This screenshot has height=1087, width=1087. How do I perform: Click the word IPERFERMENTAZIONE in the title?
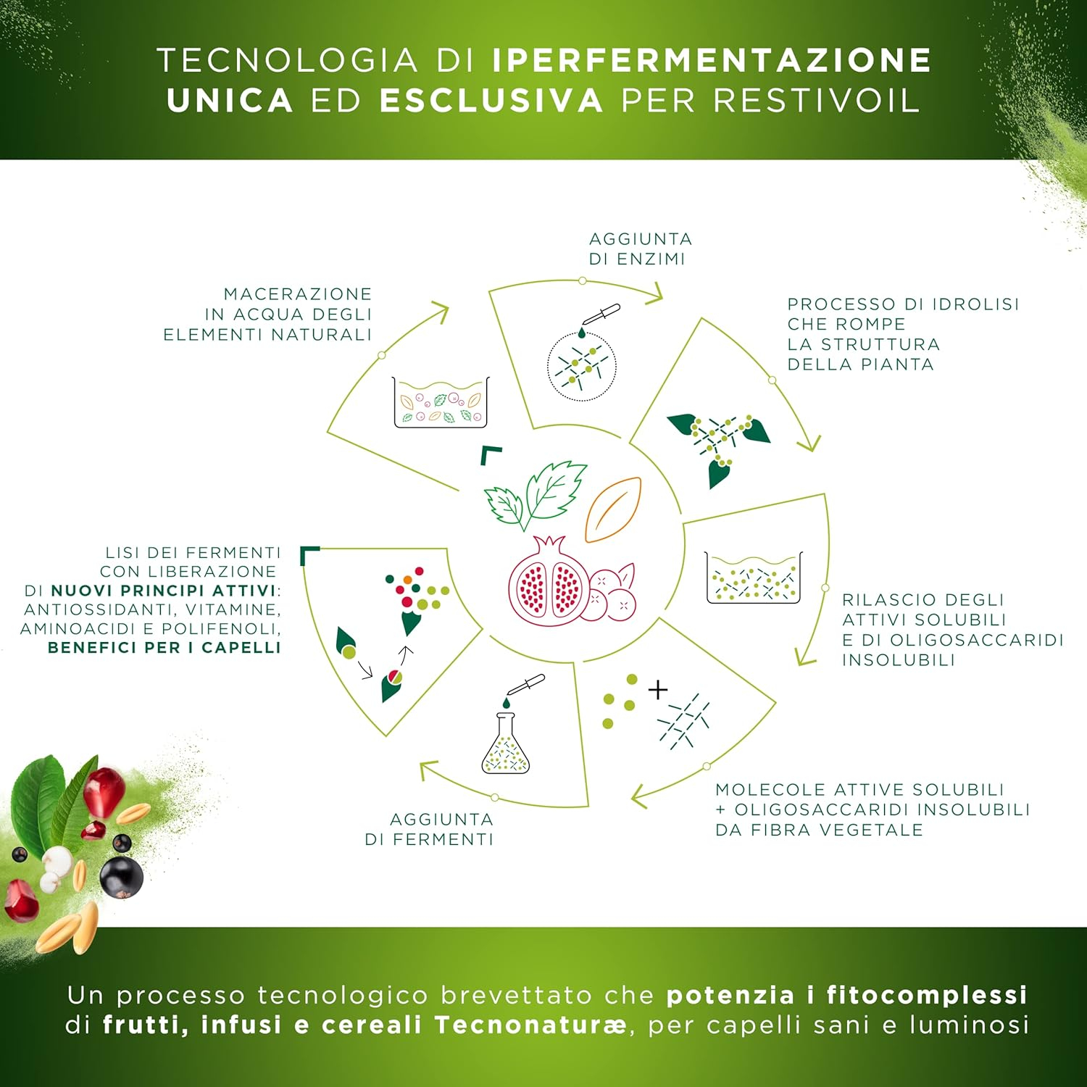tap(712, 60)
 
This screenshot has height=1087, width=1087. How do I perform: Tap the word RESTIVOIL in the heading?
tap(817, 101)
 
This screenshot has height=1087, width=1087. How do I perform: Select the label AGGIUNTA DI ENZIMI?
tap(640, 249)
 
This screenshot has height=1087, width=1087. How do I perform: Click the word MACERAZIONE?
tap(298, 294)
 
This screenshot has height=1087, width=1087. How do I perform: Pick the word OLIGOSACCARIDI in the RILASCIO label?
tap(976, 641)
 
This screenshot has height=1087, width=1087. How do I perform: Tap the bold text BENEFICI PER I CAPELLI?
tap(164, 648)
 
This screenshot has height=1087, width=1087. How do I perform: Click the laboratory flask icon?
tap(506, 743)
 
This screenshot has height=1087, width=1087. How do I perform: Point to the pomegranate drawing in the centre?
tap(549, 580)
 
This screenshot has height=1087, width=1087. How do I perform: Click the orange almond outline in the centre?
tap(614, 509)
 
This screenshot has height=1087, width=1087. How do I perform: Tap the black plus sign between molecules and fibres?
tap(658, 689)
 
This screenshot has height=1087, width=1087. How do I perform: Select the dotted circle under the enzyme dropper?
tap(582, 365)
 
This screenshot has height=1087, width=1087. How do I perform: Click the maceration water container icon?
tap(441, 402)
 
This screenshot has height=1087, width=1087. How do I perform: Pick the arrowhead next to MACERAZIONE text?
tap(439, 313)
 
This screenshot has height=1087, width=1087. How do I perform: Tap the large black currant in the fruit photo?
tap(121, 876)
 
